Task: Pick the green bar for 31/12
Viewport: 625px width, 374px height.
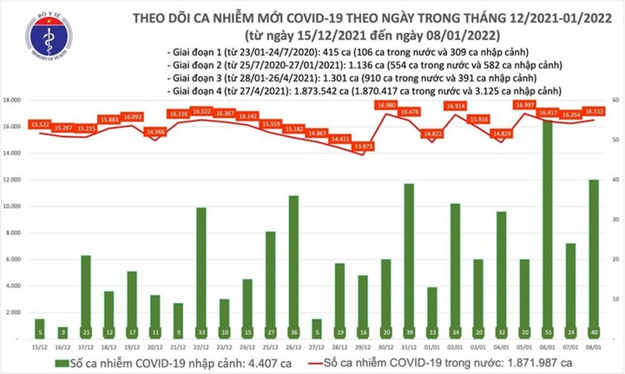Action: [x=408, y=260]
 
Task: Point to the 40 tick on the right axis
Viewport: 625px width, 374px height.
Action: [x=614, y=180]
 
